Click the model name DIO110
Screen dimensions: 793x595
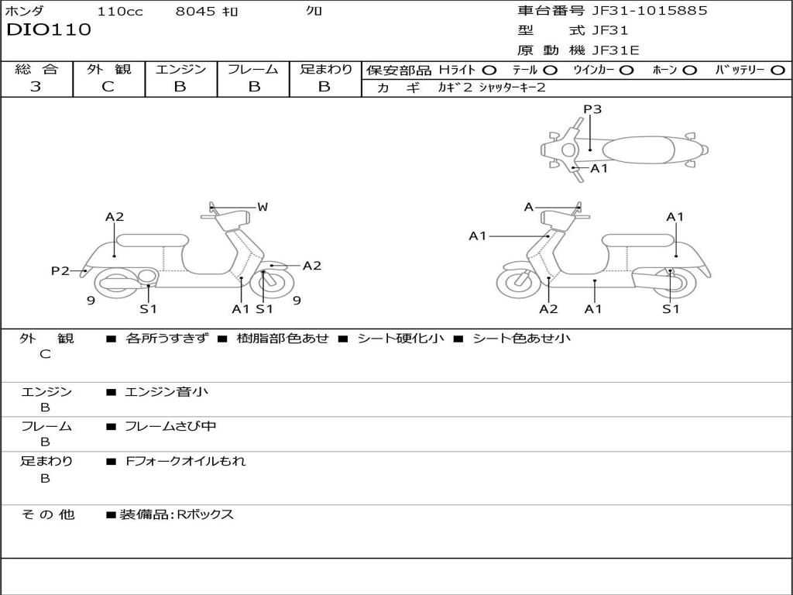pos(49,30)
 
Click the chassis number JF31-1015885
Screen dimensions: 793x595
pos(650,11)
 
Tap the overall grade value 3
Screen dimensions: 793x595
pos(36,87)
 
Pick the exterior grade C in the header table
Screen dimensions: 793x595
pos(108,87)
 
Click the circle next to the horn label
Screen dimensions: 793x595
pos(689,71)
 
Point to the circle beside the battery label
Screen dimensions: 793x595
pos(778,71)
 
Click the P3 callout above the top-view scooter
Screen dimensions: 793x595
pos(592,108)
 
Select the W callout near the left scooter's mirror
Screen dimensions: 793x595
pos(263,207)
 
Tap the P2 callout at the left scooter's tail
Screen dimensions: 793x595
pos(60,271)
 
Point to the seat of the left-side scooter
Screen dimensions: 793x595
pos(153,240)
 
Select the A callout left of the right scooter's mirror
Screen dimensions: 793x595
pos(529,207)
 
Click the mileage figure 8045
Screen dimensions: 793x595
pos(195,11)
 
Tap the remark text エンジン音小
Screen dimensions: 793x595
pos(166,391)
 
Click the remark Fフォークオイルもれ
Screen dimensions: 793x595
pos(186,461)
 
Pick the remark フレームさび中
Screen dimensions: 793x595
pos(170,427)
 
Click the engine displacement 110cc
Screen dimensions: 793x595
pos(120,11)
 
